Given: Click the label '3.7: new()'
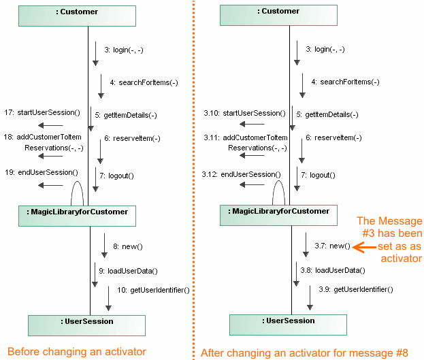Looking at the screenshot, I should [332, 246].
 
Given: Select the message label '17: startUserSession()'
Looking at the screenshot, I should [42, 112].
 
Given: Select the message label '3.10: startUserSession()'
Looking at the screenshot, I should [243, 113].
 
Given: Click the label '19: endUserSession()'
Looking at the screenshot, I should [41, 172].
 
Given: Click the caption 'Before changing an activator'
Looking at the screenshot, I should [77, 351].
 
